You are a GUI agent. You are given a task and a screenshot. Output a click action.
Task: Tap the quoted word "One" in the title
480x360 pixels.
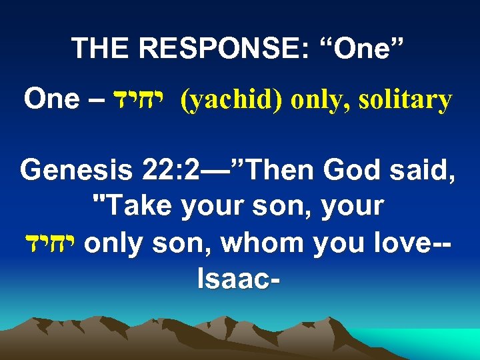pos(360,48)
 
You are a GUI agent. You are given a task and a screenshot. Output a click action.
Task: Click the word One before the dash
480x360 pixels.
pos(51,100)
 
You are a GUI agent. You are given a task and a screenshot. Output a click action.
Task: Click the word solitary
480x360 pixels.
pos(405,101)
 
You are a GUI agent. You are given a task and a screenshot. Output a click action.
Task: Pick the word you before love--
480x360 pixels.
pos(328,243)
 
